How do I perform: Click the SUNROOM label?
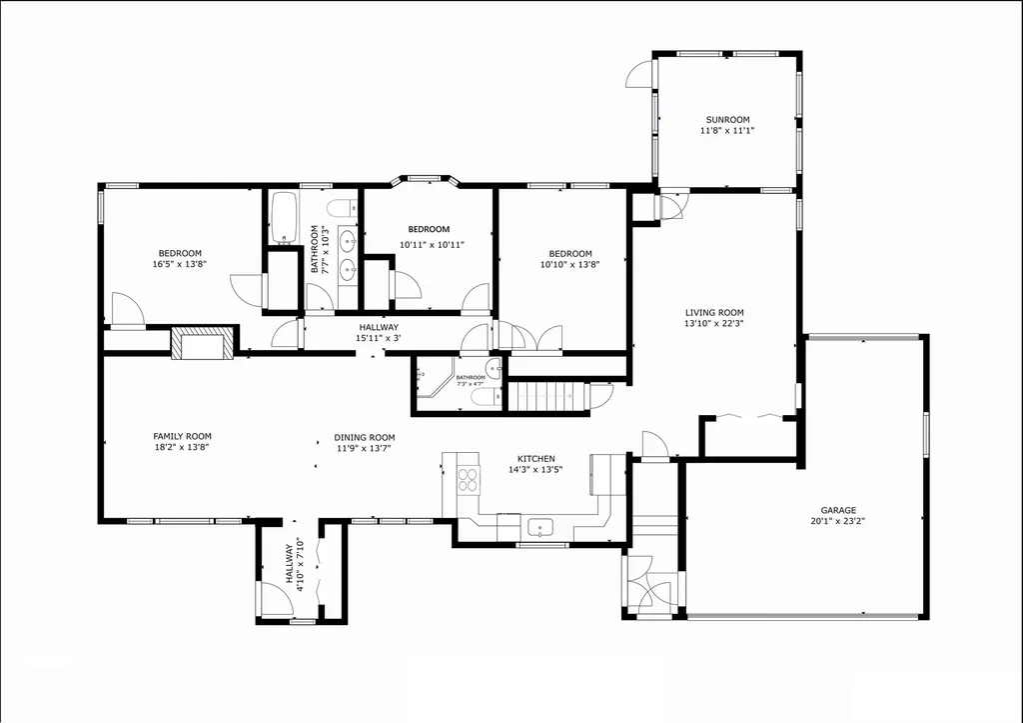coord(726,120)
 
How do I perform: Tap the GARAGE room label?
coord(838,510)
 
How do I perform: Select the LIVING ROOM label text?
coord(713,312)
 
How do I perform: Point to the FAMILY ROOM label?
coord(182,436)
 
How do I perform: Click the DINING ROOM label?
coord(365,437)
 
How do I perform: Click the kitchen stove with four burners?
coord(468,479)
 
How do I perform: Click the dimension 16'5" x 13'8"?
coord(181,265)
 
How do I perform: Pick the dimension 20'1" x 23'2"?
coord(838,521)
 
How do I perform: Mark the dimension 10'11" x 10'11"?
coord(432,244)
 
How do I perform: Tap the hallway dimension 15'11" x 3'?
coord(379,338)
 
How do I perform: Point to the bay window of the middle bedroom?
coord(425,180)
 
